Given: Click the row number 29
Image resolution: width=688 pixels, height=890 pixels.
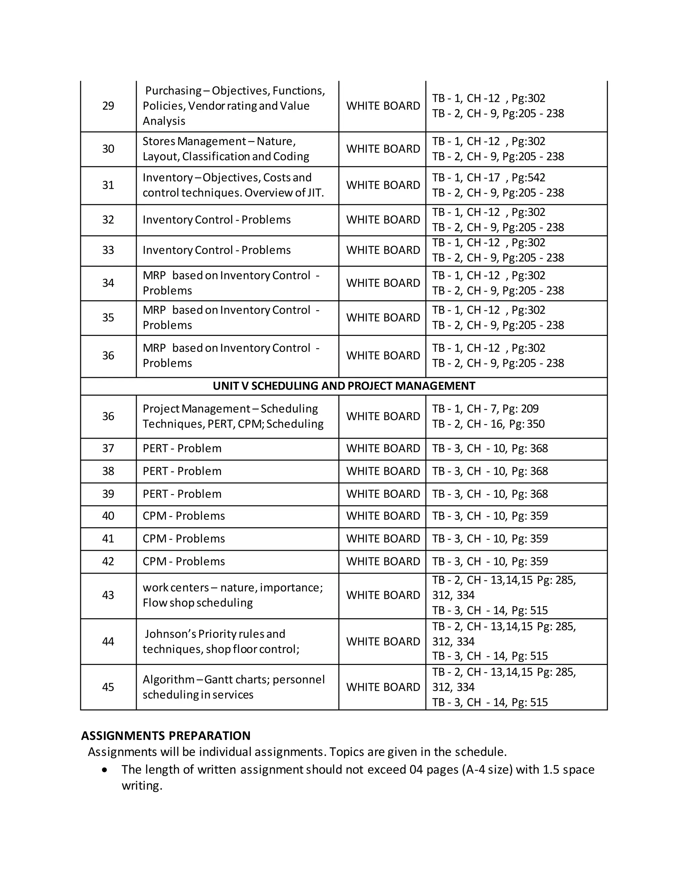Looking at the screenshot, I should coord(108,106).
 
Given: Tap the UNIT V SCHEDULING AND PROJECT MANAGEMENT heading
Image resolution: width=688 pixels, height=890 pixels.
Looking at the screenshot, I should coord(344,386).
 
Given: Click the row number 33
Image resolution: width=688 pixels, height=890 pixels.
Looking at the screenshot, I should coord(108,250).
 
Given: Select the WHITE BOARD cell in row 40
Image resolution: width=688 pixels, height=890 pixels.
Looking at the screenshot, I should coord(383,516).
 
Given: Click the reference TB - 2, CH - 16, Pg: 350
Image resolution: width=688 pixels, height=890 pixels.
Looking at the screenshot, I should coord(488,424).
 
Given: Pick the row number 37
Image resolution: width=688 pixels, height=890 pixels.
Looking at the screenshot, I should coord(108,448).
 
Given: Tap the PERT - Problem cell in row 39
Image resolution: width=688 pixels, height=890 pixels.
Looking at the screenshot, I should coord(182,494).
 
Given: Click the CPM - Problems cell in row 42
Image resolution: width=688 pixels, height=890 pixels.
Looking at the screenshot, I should coord(183,562).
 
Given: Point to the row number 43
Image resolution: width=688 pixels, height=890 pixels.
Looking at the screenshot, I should coord(108,595).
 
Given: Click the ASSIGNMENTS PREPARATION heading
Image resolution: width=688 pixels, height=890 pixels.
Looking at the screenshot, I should coord(166,736).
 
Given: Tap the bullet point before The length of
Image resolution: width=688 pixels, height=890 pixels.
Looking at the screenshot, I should coord(105,770).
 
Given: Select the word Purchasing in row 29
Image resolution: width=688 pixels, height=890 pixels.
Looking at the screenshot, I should coord(173,90).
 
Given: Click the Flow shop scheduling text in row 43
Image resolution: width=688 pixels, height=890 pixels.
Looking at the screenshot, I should coord(197,603).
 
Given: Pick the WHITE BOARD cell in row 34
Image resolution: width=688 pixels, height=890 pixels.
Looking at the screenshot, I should coord(383,283).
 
